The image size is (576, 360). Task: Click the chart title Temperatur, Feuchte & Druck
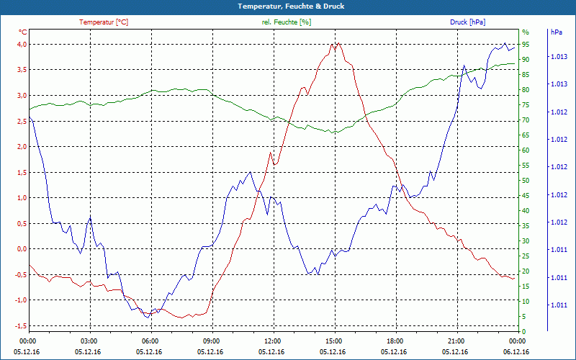tap(288, 6)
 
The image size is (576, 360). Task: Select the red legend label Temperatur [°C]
tap(104, 22)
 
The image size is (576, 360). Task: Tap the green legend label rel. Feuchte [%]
tap(287, 22)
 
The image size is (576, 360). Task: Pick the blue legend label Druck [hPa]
tap(467, 22)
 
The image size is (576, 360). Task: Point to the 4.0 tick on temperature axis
tap(22, 45)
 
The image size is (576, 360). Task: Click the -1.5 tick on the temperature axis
tap(20, 326)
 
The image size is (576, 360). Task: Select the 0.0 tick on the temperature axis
tap(22, 249)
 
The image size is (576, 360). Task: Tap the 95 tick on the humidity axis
tap(526, 45)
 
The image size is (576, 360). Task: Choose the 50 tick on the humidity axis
tap(526, 181)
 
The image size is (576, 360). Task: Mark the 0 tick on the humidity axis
tap(523, 331)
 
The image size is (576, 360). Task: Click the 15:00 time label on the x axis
tap(333, 341)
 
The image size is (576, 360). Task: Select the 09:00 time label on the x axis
tap(211, 341)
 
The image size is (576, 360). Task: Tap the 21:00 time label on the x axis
tap(456, 341)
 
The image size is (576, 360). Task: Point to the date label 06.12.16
tap(517, 351)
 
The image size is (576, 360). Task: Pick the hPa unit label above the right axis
tap(557, 32)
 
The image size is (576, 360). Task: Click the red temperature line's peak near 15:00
tap(335, 43)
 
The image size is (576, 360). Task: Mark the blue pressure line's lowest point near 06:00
tap(148, 317)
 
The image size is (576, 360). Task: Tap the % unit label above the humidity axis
tap(525, 32)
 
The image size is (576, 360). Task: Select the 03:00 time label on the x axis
tap(89, 341)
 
